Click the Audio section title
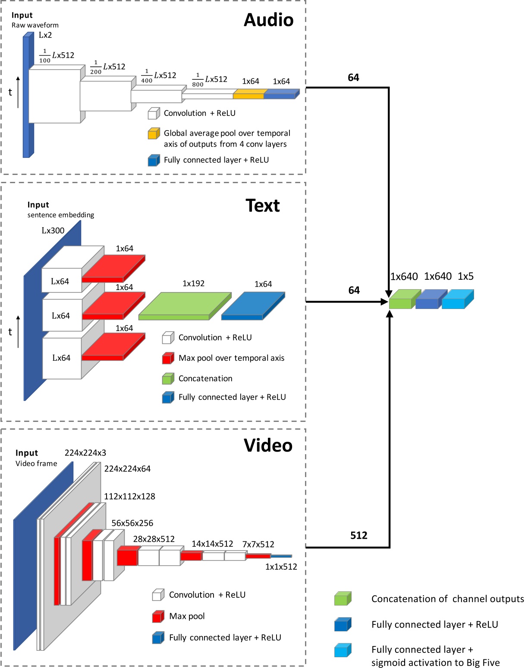(268, 20)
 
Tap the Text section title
(263, 206)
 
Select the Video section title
(268, 445)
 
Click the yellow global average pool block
(248, 94)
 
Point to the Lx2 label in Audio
(45, 35)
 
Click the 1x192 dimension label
(193, 284)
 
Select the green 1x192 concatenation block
(184, 306)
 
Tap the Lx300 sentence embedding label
(53, 231)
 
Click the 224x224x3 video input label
(85, 453)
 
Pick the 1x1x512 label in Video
(281, 567)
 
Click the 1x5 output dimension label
(465, 276)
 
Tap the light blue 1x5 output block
(457, 300)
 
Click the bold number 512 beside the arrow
(358, 535)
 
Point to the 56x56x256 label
(132, 523)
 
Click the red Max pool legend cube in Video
(158, 617)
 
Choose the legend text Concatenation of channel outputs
(447, 599)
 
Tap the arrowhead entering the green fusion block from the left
(385, 302)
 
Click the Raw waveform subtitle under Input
(35, 25)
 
